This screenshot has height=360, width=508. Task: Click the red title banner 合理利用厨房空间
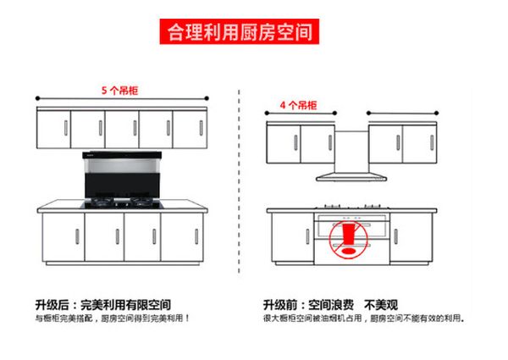240,33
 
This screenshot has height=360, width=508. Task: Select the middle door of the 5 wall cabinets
122,130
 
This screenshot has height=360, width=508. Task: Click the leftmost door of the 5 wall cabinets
53,130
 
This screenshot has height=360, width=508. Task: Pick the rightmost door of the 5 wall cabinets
190,130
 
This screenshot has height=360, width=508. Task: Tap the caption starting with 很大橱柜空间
364,318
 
